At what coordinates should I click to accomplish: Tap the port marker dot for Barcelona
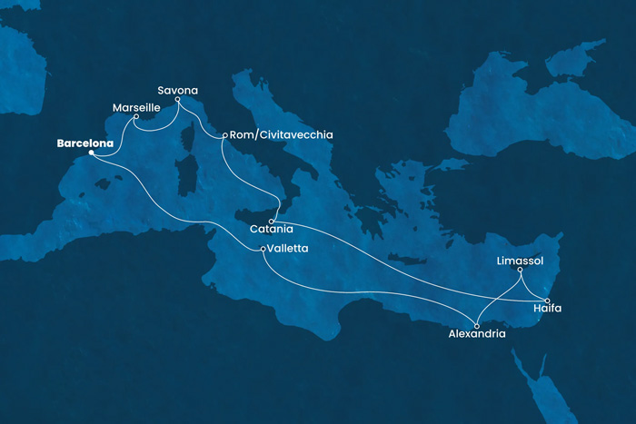click(91, 153)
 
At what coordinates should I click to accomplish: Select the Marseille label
click(136, 107)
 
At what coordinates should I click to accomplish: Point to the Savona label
click(177, 90)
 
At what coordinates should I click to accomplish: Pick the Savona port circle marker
click(178, 100)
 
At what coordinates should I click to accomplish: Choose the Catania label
click(270, 232)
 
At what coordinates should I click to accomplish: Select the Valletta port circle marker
click(263, 249)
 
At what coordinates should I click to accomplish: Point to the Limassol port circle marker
click(520, 270)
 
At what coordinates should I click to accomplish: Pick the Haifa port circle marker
click(547, 300)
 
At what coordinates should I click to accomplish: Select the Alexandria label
click(477, 334)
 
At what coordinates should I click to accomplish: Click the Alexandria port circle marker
click(478, 324)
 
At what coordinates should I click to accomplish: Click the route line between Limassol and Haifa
click(533, 284)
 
